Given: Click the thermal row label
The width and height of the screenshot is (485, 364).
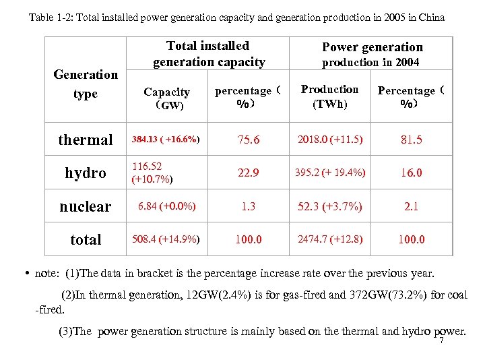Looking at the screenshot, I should (x=86, y=140).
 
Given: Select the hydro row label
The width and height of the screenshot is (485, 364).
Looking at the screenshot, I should (x=86, y=173).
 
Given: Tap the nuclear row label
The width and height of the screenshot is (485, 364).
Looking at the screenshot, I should (x=86, y=207).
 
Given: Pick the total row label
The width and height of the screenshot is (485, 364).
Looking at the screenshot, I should (x=86, y=240).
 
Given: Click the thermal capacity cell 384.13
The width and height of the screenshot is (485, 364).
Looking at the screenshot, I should (x=165, y=140).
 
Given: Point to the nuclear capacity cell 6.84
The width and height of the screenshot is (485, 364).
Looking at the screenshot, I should (x=166, y=206).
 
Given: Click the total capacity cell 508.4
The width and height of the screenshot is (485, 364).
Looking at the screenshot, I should (x=166, y=239).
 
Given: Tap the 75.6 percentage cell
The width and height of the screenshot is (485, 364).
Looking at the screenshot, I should (x=249, y=140).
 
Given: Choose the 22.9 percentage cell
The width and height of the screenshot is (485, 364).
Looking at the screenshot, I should (x=249, y=173).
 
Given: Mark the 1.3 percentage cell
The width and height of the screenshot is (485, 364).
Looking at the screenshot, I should (x=249, y=207).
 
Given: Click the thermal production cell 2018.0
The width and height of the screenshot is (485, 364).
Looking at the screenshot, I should (x=330, y=140).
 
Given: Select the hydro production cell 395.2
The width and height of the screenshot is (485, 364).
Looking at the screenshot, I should (x=330, y=173).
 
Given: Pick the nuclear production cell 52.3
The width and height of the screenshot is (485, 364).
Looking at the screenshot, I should (x=330, y=206).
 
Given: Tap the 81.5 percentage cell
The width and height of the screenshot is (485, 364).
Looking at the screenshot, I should (x=411, y=140).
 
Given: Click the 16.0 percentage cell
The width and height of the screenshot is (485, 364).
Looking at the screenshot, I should (x=411, y=173).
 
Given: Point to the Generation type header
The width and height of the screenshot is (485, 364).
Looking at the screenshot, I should (x=86, y=84).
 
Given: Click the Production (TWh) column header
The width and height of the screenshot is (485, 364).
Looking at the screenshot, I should (x=329, y=97).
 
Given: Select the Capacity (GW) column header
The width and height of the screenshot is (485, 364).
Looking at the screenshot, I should (x=167, y=98).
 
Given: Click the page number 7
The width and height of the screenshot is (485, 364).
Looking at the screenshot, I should (x=441, y=341).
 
